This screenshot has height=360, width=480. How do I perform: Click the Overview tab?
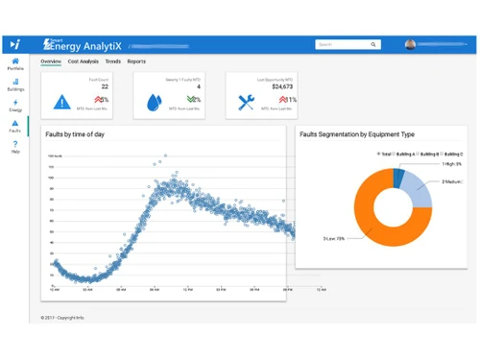click(x=51, y=61)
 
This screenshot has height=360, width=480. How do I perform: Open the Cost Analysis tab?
click(x=84, y=61)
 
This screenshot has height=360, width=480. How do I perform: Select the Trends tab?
click(x=112, y=61)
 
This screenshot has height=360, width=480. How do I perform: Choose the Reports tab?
click(x=136, y=61)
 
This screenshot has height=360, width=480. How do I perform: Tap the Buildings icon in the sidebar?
click(x=15, y=84)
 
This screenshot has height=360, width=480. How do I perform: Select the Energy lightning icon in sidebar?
click(x=15, y=103)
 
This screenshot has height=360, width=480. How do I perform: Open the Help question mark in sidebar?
click(x=15, y=145)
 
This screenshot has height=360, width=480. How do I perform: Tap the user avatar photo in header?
click(x=411, y=44)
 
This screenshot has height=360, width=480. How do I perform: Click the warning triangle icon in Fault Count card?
click(x=61, y=102)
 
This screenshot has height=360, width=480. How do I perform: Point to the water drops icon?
click(x=155, y=102)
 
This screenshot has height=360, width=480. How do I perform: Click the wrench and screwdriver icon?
click(x=246, y=102)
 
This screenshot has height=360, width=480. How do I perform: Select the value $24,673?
click(x=282, y=86)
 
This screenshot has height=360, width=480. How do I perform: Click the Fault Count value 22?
click(x=104, y=86)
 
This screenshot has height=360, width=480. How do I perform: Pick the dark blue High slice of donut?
click(x=398, y=178)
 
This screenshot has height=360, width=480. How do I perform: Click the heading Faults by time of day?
click(x=75, y=134)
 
